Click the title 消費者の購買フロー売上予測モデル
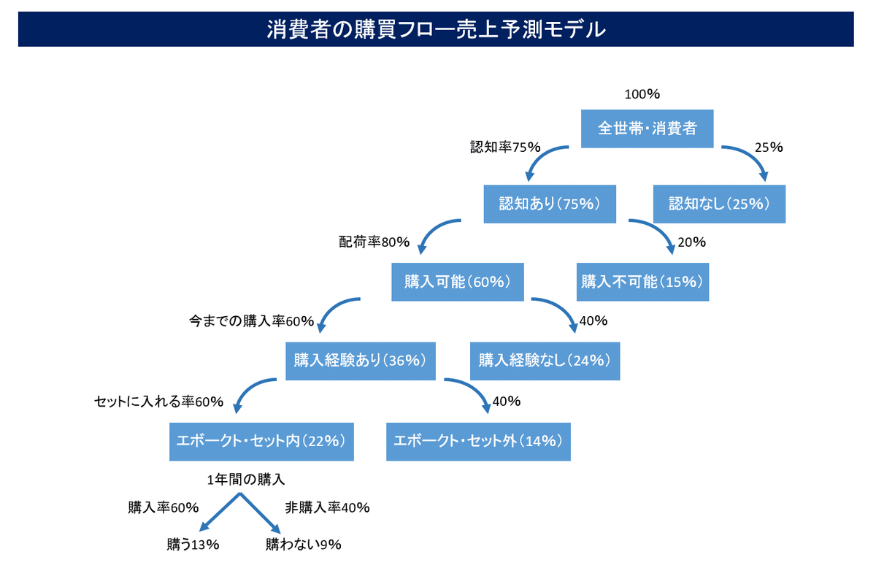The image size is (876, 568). point(436,29)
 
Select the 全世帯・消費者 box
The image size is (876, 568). point(648,128)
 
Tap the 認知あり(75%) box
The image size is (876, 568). point(550,204)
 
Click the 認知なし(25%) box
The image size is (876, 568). point(719,204)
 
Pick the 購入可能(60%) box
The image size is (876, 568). point(458,282)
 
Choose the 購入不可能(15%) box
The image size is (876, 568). point(642,282)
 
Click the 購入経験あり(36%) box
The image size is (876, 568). point(361,361)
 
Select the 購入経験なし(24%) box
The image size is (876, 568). point(545,361)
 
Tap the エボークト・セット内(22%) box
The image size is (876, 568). point(261,442)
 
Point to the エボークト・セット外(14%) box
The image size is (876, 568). point(478,442)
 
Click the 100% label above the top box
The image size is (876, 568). point(642,94)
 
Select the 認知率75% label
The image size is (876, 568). point(505,147)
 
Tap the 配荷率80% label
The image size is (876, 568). point(374,242)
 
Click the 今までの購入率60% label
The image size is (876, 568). point(251,321)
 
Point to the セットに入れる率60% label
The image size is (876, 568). point(158,402)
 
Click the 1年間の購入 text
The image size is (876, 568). point(245,480)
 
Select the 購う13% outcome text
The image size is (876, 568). point(193,545)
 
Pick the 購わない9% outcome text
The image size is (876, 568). point(303,545)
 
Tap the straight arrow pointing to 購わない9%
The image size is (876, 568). point(260,513)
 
